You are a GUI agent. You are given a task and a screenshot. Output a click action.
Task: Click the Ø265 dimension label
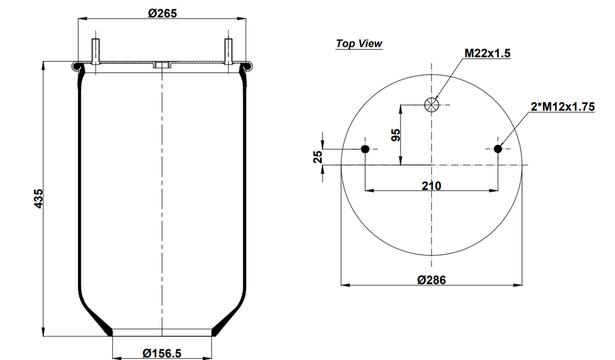(x=162, y=13)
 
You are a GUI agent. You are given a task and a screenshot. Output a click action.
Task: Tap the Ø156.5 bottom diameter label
(x=162, y=353)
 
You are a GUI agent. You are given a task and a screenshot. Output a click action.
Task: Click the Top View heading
(x=359, y=43)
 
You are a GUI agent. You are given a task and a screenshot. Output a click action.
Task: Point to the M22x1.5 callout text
(x=487, y=53)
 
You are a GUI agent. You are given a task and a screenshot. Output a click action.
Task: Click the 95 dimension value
(x=395, y=134)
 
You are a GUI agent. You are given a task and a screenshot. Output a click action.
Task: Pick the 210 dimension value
(x=431, y=186)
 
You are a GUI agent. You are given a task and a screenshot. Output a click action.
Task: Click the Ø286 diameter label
(x=431, y=280)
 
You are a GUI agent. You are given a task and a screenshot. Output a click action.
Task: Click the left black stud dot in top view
(x=365, y=148)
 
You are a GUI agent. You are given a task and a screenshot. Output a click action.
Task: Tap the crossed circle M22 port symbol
(x=431, y=105)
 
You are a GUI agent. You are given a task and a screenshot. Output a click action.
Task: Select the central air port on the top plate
(x=162, y=65)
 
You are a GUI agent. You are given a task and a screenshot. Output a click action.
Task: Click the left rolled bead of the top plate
(x=77, y=64)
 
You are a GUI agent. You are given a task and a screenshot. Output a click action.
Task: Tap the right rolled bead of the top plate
(x=246, y=64)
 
